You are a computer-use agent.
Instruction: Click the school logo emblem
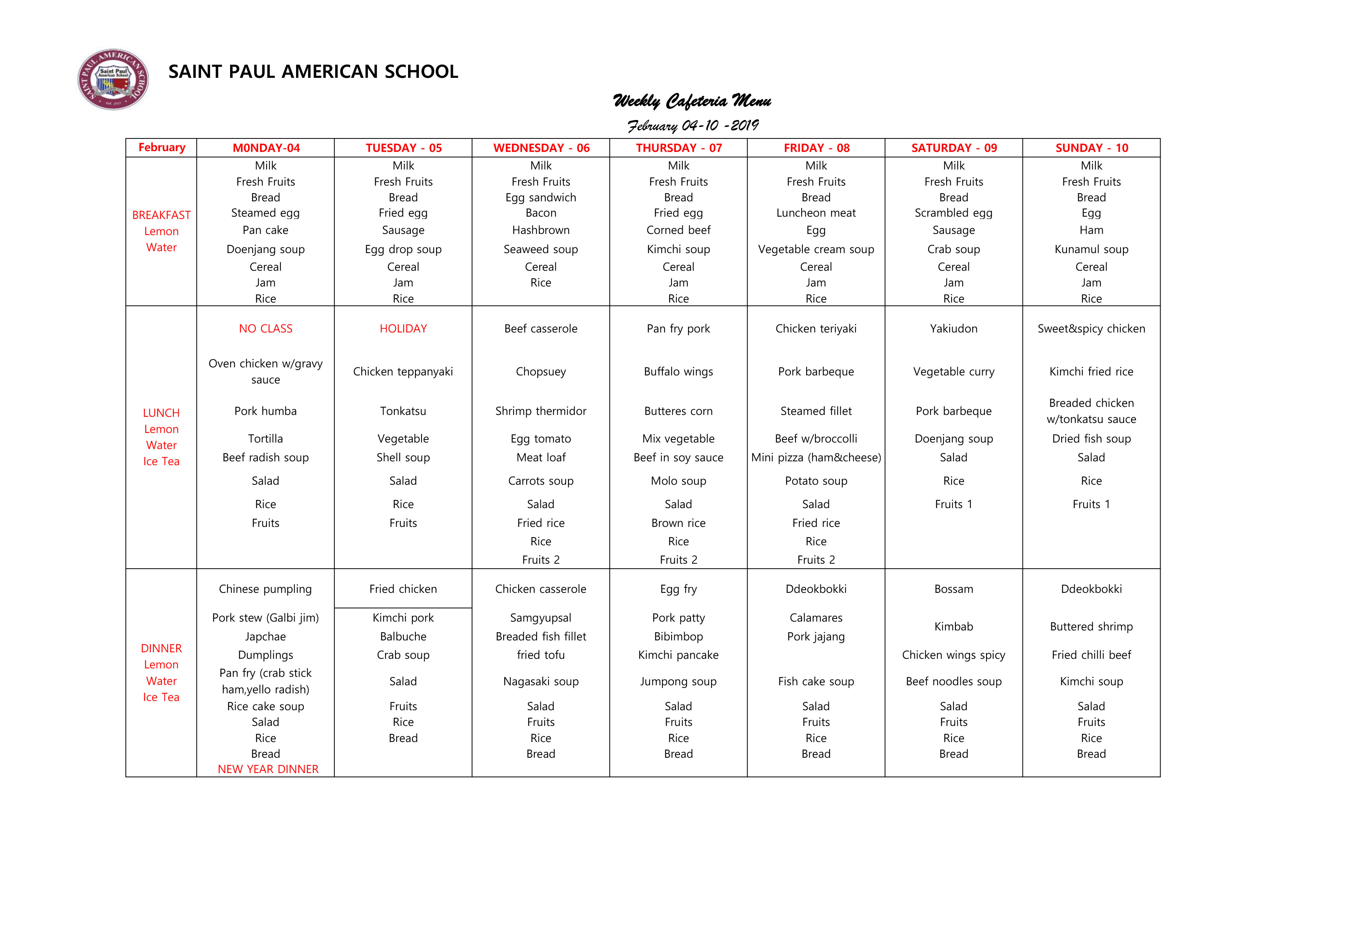(113, 79)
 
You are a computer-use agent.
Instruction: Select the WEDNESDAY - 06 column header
(541, 148)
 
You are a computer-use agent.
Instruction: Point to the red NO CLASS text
(265, 329)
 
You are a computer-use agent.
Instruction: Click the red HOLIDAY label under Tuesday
(403, 329)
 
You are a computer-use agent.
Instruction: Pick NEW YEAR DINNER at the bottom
(268, 769)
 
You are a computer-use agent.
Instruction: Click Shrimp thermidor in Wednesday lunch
(541, 411)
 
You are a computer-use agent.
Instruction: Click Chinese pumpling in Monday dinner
(265, 589)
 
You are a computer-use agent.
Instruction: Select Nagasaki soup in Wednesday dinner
(541, 682)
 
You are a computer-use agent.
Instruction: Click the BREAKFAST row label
(161, 215)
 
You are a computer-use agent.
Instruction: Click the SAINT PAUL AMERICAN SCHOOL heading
(313, 71)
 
